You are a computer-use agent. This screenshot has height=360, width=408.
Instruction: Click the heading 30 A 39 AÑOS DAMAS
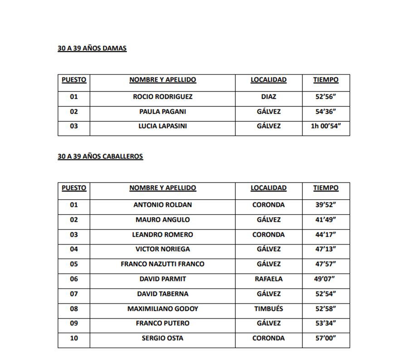pyautogui.click(x=92, y=48)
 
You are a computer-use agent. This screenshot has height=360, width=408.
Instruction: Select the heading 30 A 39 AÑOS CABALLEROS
pyautogui.click(x=100, y=157)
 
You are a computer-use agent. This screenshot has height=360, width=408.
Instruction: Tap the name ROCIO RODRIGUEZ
pyautogui.click(x=162, y=97)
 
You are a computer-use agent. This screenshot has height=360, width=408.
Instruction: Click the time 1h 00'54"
pyautogui.click(x=325, y=126)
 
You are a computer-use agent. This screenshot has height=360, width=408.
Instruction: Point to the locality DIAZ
pyautogui.click(x=268, y=97)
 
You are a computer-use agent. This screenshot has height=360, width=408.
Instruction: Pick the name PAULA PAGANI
pyautogui.click(x=162, y=112)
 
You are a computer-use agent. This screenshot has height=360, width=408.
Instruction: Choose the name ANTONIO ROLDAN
pyautogui.click(x=162, y=205)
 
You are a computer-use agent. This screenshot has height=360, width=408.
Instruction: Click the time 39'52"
pyautogui.click(x=325, y=205)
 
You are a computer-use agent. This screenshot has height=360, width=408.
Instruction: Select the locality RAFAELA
pyautogui.click(x=268, y=279)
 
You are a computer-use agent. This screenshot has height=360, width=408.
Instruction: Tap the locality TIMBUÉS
pyautogui.click(x=268, y=309)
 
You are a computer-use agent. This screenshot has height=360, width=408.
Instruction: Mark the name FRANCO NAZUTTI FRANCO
pyautogui.click(x=162, y=264)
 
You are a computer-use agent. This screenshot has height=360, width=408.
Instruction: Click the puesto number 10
pyautogui.click(x=73, y=338)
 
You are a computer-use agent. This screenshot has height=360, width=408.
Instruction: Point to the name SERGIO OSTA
pyautogui.click(x=162, y=338)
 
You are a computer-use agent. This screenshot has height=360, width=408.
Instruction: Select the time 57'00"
pyautogui.click(x=325, y=338)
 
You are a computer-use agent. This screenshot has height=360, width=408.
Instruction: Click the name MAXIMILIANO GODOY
pyautogui.click(x=162, y=309)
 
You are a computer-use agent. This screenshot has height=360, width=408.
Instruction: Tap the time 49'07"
pyautogui.click(x=325, y=279)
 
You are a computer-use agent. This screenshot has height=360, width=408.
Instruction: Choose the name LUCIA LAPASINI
pyautogui.click(x=162, y=126)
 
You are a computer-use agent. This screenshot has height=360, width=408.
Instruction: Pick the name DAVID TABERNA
pyautogui.click(x=162, y=294)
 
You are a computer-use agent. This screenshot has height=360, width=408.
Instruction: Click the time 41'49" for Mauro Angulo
pyautogui.click(x=325, y=220)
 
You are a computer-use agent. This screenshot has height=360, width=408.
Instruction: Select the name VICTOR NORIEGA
pyautogui.click(x=162, y=250)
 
